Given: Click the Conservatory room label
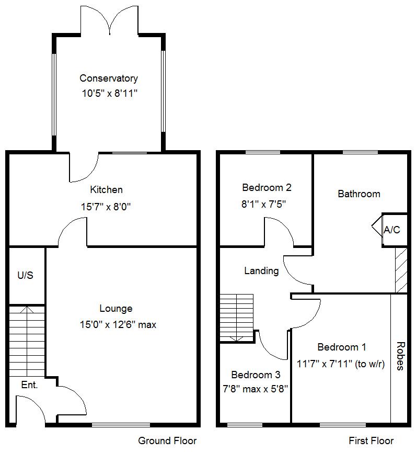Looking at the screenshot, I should pyautogui.click(x=109, y=78).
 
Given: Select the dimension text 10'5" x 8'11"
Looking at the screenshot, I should pyautogui.click(x=109, y=95).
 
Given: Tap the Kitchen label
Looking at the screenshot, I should pyautogui.click(x=106, y=190).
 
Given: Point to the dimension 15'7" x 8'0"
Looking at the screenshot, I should pyautogui.click(x=106, y=207).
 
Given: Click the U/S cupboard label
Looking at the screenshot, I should pyautogui.click(x=25, y=275).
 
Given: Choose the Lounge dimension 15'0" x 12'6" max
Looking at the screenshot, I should pyautogui.click(x=115, y=325).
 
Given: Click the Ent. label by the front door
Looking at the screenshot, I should pyautogui.click(x=29, y=385).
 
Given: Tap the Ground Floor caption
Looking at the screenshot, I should pyautogui.click(x=167, y=440).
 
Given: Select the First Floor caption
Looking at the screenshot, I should pyautogui.click(x=371, y=440).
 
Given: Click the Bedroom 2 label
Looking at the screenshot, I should pyautogui.click(x=267, y=187).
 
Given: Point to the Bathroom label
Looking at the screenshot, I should pyautogui.click(x=359, y=194).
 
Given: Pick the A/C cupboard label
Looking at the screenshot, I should pyautogui.click(x=392, y=230).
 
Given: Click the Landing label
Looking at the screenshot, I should pyautogui.click(x=261, y=270).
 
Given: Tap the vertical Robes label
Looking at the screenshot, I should pyautogui.click(x=400, y=356).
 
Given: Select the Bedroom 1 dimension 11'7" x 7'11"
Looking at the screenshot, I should pyautogui.click(x=341, y=364).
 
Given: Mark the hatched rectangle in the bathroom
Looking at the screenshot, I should pyautogui.click(x=401, y=270).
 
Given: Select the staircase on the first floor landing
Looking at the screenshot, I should pyautogui.click(x=236, y=318).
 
